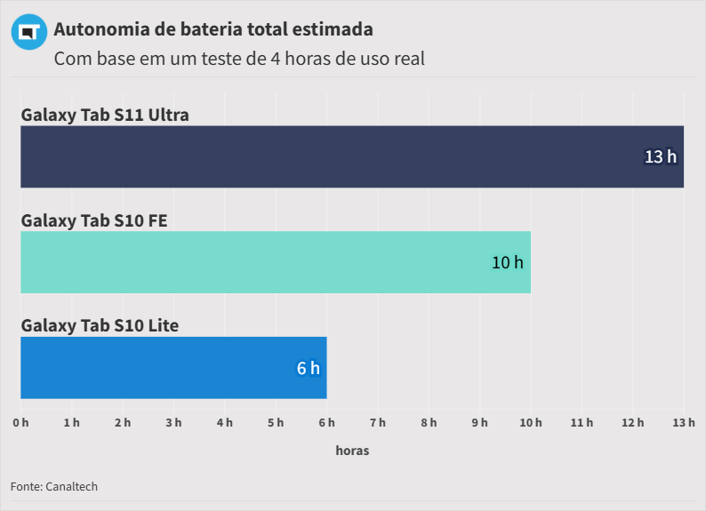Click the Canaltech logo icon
click(x=29, y=32)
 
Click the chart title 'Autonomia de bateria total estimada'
click(x=213, y=29)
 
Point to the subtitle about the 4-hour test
click(x=239, y=60)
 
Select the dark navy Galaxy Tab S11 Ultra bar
click(x=352, y=156)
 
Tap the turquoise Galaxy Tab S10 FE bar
click(x=276, y=262)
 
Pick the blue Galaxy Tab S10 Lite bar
click(x=173, y=368)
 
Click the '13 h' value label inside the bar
click(x=661, y=156)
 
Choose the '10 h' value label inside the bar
click(x=508, y=262)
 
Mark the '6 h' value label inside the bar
click(x=308, y=368)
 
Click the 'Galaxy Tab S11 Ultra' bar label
click(x=105, y=115)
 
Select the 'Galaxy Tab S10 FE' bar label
click(x=94, y=220)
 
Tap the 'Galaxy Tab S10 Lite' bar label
click(x=100, y=326)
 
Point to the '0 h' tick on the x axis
click(x=20, y=422)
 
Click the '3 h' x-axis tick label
click(x=173, y=422)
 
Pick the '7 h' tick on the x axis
click(x=378, y=422)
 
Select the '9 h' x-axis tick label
click(x=480, y=422)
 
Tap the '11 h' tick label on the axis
click(x=582, y=422)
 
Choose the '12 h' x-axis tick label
click(x=633, y=422)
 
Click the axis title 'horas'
click(x=352, y=451)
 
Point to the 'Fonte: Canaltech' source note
click(x=54, y=486)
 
